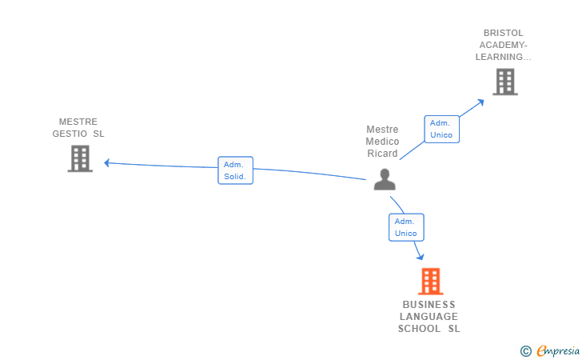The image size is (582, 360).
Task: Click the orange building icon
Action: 430,281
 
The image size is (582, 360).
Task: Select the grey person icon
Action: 385,179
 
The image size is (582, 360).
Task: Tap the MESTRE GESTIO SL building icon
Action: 80,158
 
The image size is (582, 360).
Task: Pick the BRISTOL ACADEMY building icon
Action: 504,82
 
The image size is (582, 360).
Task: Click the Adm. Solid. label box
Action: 235,170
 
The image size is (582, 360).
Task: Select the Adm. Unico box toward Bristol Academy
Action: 440,129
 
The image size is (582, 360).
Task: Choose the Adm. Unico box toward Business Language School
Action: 405,227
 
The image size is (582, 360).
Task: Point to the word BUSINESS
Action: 429,305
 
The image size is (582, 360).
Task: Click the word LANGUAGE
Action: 429,317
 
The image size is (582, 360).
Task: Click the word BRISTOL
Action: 503,33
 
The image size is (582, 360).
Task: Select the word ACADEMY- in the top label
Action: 503,45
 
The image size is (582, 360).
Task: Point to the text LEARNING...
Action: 503,57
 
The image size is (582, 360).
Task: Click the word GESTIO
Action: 70,134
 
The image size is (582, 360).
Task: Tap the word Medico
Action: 382,142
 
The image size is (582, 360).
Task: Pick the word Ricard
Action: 382,154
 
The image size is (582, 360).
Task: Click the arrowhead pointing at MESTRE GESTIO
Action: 107,163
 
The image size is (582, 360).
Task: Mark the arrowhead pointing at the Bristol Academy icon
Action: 480,101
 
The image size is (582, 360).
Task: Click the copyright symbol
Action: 525,350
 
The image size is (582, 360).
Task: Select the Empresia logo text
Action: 558,350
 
